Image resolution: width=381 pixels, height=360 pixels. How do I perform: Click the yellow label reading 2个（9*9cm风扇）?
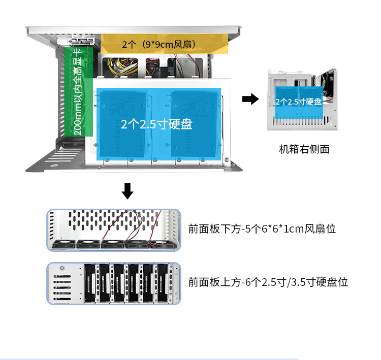159,45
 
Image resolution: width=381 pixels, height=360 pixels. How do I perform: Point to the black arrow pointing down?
128,191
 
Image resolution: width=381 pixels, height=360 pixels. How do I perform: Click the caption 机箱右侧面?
304,149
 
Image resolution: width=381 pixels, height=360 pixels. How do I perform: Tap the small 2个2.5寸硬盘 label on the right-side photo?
299,102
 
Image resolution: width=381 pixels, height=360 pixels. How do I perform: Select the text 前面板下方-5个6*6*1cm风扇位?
262,229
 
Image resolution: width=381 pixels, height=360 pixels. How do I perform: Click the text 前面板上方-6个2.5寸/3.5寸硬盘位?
268,282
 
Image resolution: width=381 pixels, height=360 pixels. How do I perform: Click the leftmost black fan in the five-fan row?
63,245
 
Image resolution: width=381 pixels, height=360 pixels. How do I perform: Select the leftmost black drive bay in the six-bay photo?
91,283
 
